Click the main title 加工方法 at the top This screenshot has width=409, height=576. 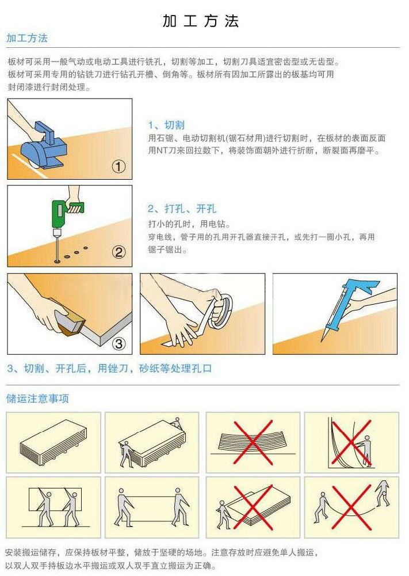click(201, 21)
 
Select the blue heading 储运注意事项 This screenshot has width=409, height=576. click(37, 399)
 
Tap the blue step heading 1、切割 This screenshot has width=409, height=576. click(166, 125)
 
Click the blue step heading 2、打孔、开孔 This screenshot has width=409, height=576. click(182, 209)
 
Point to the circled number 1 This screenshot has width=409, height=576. click(119, 167)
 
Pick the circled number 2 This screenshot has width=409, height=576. click(119, 252)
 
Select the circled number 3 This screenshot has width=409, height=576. click(119, 344)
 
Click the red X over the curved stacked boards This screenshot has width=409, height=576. click(253, 442)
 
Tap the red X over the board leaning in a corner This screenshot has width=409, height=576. click(351, 442)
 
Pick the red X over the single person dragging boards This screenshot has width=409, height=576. click(253, 507)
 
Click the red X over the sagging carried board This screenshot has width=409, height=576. click(351, 507)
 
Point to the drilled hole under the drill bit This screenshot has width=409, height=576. click(57, 261)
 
